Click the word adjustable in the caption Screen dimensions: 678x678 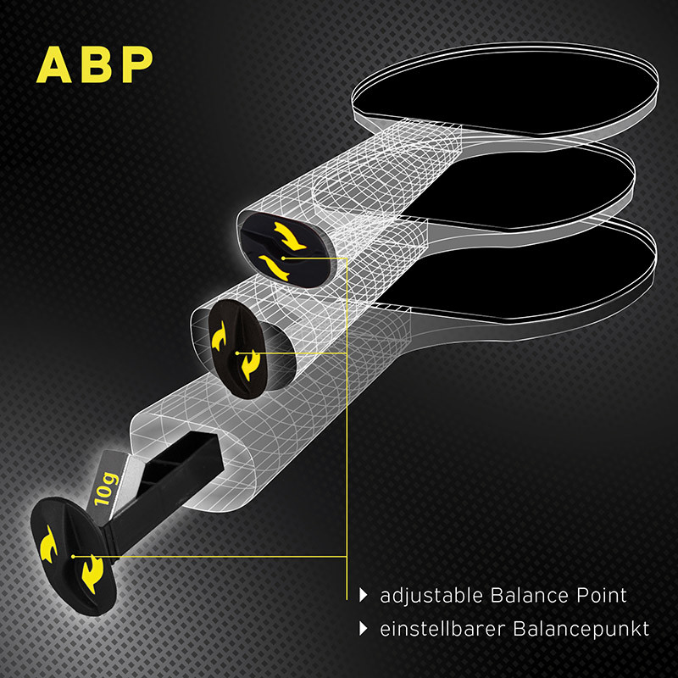[431, 596]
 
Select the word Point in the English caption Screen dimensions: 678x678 [600, 596]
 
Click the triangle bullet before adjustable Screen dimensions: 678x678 [364, 596]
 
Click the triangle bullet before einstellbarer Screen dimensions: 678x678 [364, 629]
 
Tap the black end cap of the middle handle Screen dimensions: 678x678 [237, 343]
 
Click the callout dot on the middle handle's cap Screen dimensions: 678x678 [238, 352]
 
